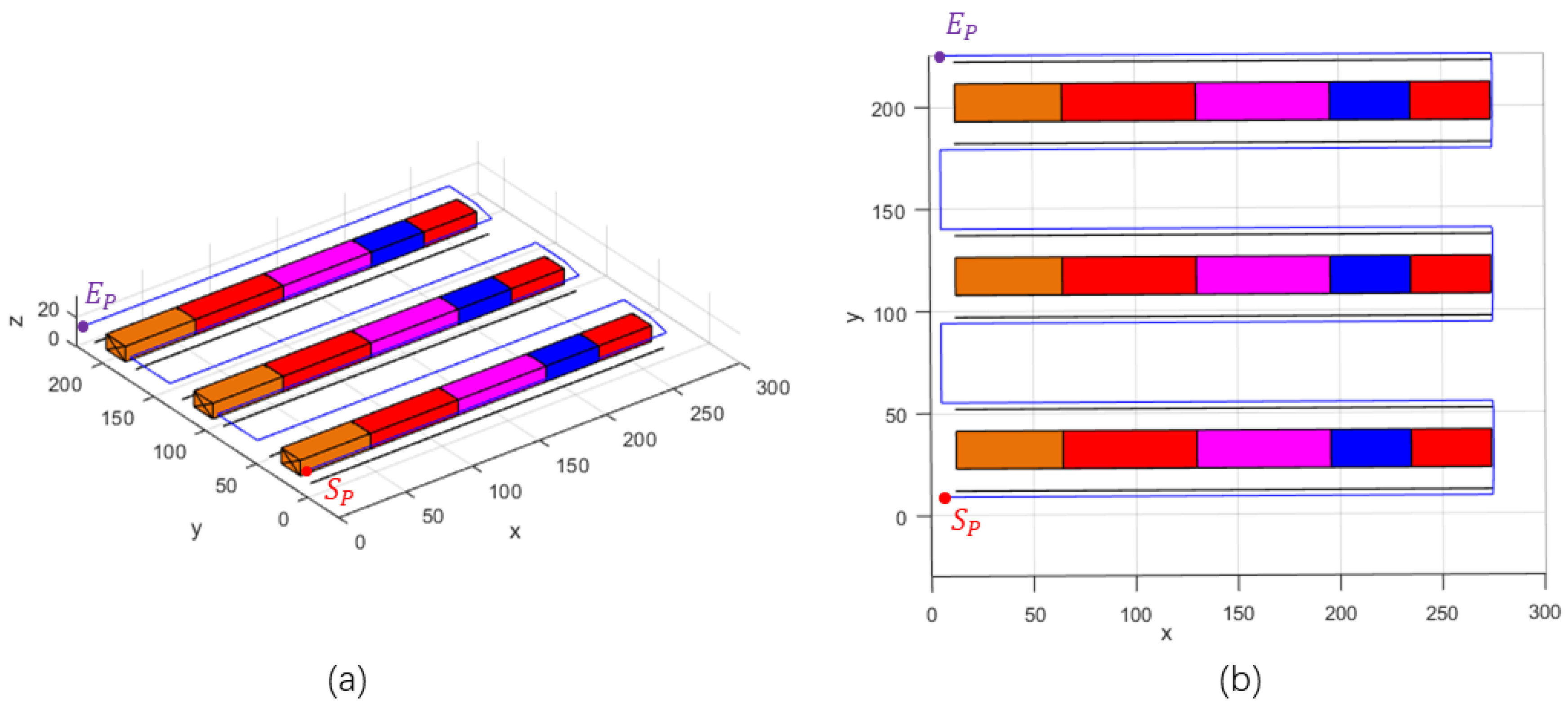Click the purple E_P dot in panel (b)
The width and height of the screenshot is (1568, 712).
(939, 57)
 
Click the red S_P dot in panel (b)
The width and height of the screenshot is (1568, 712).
(945, 498)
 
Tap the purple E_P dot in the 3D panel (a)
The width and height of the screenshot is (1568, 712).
(83, 327)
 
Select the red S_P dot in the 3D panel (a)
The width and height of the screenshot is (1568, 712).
(307, 471)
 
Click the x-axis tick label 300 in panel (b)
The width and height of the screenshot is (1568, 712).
(1544, 612)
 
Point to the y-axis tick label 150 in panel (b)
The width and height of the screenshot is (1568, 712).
(888, 212)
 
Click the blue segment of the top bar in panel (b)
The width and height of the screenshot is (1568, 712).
(1369, 100)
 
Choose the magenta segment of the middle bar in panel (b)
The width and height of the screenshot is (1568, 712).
(1263, 275)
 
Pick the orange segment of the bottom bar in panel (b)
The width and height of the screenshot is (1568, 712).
(1010, 449)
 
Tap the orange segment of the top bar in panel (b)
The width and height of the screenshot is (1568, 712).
(1008, 103)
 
